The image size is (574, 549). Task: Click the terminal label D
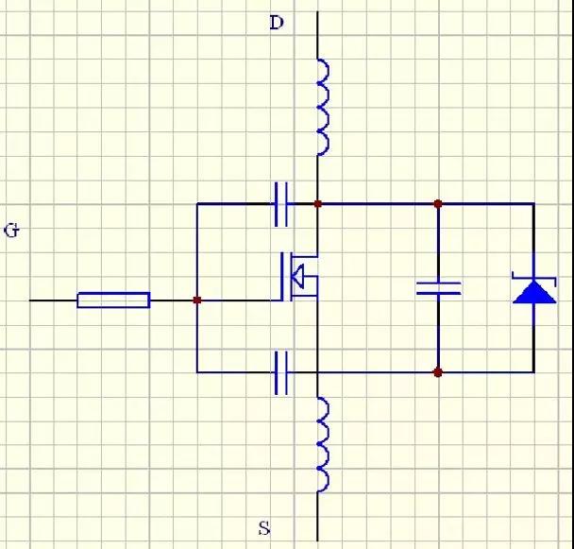point(277,23)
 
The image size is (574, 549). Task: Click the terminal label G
point(11,231)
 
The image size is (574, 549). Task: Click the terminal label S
point(264,528)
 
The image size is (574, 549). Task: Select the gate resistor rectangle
point(113,300)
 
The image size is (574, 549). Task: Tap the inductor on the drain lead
point(323,107)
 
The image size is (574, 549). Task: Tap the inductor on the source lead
point(323,443)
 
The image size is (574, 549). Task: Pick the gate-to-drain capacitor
point(281,204)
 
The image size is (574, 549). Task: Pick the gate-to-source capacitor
point(281,372)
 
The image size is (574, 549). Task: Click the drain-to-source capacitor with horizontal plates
point(439,288)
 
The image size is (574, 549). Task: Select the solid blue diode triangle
point(534,292)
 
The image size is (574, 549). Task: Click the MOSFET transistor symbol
point(299,277)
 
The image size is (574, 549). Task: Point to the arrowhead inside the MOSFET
point(298,276)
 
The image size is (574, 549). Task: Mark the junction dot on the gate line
point(197,300)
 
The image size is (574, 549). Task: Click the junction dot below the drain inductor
point(318,204)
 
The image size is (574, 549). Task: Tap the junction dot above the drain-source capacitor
point(438,204)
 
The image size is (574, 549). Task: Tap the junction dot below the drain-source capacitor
point(438,372)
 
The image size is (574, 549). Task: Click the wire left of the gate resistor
point(54,300)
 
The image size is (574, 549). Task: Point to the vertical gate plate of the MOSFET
point(282,277)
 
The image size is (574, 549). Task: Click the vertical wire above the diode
point(533,242)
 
